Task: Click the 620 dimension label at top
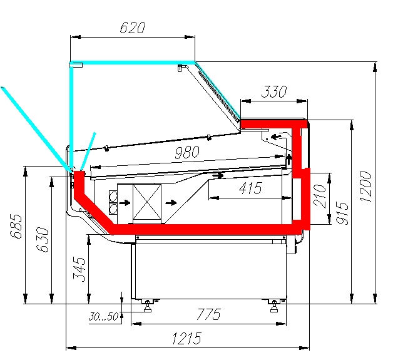[132, 28]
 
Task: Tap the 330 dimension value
[273, 92]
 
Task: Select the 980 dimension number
[187, 152]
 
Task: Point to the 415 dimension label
[250, 188]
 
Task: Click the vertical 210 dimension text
[320, 196]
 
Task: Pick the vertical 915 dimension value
[342, 213]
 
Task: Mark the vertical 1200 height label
[365, 187]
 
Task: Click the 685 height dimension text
[16, 226]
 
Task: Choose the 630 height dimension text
[42, 239]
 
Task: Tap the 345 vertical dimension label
[79, 269]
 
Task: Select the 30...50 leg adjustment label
[103, 317]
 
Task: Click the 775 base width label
[208, 314]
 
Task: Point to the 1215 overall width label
[187, 338]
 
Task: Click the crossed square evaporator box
[147, 202]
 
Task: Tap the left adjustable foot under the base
[148, 306]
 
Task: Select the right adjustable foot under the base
[274, 306]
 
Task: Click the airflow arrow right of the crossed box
[171, 203]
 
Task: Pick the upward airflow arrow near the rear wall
[289, 160]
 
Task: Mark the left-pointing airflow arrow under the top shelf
[277, 137]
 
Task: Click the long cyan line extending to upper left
[36, 130]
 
